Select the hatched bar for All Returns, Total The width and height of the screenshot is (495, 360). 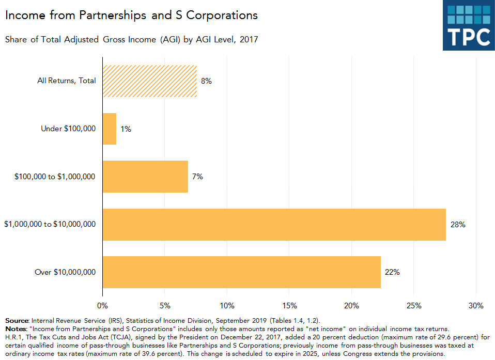click(x=150, y=81)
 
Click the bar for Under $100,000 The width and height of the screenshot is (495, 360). click(x=109, y=129)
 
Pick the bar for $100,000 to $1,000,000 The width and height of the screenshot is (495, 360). click(x=145, y=177)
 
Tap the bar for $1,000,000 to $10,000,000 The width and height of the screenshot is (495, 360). click(x=274, y=225)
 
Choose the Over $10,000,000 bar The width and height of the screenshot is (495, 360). click(x=241, y=272)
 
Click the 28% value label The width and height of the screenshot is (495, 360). click(x=458, y=225)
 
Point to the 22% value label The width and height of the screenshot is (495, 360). click(x=392, y=272)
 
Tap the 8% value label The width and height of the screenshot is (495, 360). click(x=207, y=81)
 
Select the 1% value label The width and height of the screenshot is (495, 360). click(x=126, y=129)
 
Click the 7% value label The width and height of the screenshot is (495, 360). click(x=197, y=177)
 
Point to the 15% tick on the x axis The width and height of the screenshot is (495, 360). click(x=289, y=306)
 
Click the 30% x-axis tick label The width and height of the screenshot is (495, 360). click(x=476, y=306)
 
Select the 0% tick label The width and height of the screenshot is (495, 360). click(x=103, y=306)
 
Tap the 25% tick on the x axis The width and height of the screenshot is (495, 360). click(x=414, y=306)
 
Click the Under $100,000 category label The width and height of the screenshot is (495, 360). click(x=68, y=129)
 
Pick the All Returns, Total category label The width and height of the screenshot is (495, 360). click(x=67, y=81)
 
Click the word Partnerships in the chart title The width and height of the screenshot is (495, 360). click(x=114, y=15)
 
